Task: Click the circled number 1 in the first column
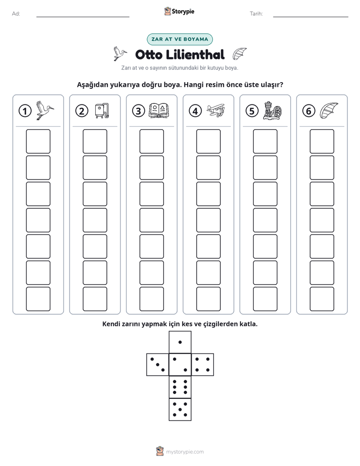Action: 25,111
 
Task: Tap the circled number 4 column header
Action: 195,111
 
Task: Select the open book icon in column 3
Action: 159,110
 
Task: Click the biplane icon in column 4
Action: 216,110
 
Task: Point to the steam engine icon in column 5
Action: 272,110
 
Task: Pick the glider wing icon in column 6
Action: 329,110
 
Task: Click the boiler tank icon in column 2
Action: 102,110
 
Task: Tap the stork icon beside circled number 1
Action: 45,110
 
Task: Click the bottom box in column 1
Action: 38,299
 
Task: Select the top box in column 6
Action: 322,141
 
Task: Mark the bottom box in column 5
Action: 265,299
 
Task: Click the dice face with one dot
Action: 180,342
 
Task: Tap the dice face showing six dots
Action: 180,387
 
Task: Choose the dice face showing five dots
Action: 180,409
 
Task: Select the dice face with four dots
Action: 203,365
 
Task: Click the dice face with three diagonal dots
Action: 158,365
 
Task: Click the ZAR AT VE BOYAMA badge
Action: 179,39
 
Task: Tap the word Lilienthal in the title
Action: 195,54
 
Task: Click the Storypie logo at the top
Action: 179,12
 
